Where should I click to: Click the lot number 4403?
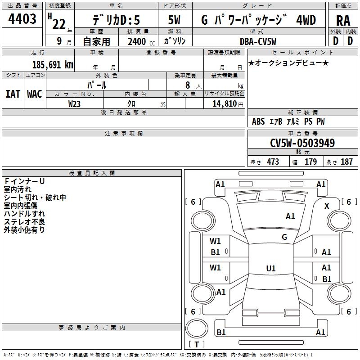[22, 19]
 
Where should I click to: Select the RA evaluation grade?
[343, 21]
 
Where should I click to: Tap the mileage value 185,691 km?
[53, 65]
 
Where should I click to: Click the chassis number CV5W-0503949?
[302, 143]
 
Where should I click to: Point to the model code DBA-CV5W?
[258, 41]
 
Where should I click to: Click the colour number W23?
[74, 104]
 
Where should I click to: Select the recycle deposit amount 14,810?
[224, 104]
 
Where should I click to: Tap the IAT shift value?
[13, 94]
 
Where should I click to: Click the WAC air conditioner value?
[35, 94]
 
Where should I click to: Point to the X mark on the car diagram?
[327, 206]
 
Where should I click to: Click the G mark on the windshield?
[284, 237]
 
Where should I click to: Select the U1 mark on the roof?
[271, 268]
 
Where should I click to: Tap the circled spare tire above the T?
[197, 328]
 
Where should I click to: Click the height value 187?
[346, 162]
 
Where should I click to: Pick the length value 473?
[273, 162]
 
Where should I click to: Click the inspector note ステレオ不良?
[24, 222]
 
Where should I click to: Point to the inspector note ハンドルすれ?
[24, 214]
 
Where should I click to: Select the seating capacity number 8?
[188, 85]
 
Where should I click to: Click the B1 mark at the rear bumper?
[221, 332]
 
